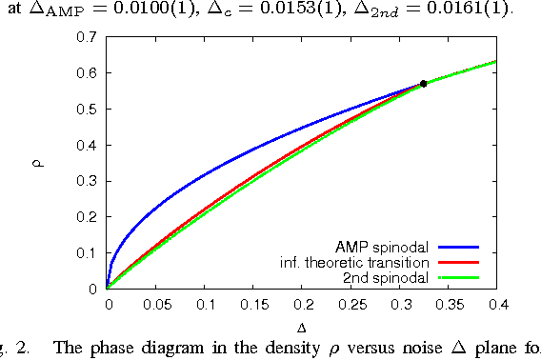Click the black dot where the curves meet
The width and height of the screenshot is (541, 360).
[423, 84]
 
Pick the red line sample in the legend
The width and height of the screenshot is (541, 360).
[457, 261]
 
